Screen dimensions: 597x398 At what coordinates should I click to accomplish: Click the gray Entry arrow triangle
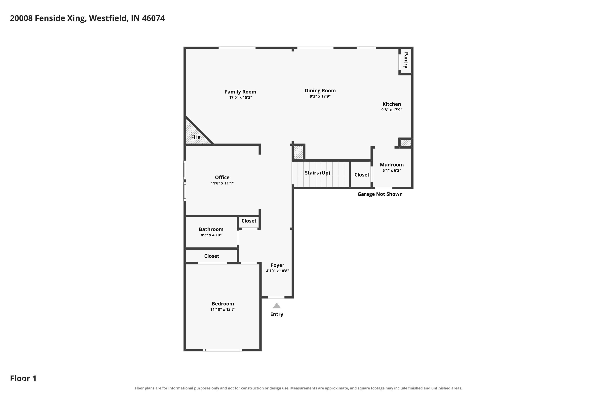point(277,306)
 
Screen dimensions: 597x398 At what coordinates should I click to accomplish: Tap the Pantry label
point(406,60)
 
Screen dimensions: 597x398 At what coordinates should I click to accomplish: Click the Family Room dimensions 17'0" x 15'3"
point(240,98)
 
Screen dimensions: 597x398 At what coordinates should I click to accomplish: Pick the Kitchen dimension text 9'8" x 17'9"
point(392,110)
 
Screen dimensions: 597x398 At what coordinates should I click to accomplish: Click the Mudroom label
point(392,165)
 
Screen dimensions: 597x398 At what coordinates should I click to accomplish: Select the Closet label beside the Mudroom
point(362,175)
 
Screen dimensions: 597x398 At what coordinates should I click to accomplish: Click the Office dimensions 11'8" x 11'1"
point(222,183)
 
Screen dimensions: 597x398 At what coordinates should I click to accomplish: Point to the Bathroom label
point(211,229)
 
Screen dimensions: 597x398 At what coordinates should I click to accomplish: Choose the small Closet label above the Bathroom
point(249,221)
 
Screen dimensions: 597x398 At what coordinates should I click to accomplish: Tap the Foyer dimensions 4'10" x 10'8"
point(277,271)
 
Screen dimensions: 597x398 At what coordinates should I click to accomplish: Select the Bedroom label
point(223,304)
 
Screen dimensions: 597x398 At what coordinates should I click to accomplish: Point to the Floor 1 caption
point(23,378)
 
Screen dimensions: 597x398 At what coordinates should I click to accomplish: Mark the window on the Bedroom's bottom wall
point(223,350)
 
